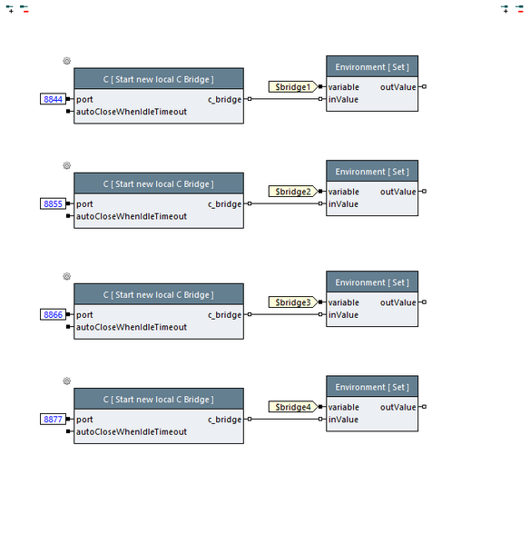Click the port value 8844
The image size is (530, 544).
pos(54,99)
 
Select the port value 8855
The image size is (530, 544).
pos(54,204)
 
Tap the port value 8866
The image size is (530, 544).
pos(54,314)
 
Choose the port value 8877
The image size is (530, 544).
pos(54,420)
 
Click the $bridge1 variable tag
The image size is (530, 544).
pos(292,87)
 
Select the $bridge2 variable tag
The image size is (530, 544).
pos(292,192)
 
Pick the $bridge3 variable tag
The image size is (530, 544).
pos(292,302)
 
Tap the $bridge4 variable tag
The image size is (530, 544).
pos(292,407)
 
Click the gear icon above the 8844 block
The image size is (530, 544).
pos(66,61)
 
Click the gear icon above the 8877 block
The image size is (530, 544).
pos(66,381)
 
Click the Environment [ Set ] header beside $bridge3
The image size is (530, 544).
pos(372,282)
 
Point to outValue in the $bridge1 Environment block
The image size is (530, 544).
pos(397,87)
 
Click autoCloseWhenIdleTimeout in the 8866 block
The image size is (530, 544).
pos(132,327)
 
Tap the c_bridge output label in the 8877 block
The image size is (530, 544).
pos(224,420)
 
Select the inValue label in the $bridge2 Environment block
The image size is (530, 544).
pos(343,203)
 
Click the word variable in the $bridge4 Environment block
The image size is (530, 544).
pos(343,407)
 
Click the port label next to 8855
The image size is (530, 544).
pos(84,204)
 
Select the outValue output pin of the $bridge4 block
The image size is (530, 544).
pos(423,407)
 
